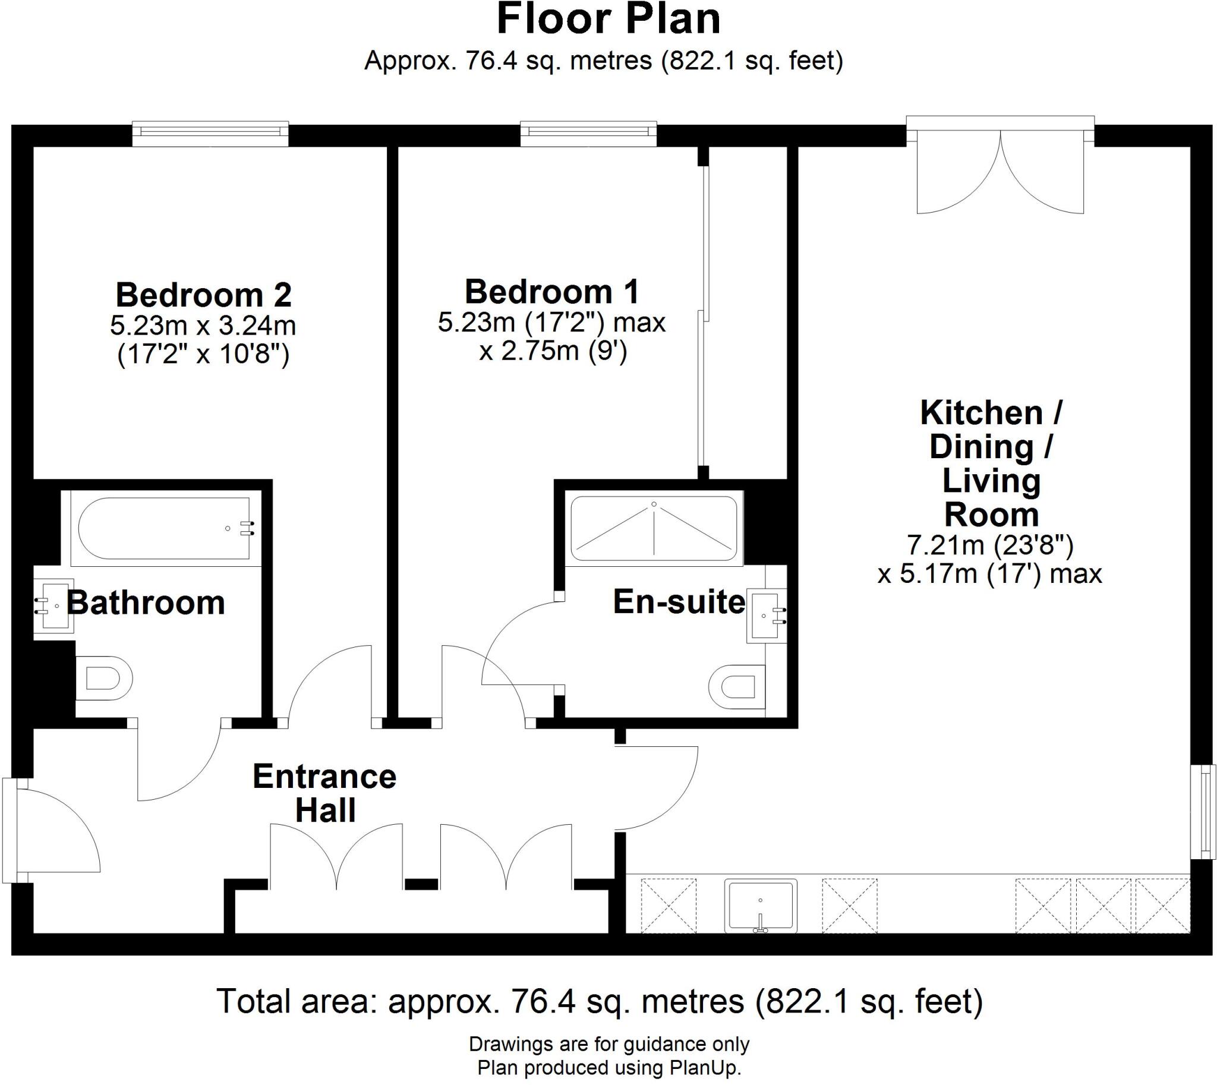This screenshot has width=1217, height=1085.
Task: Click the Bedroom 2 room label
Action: click(203, 295)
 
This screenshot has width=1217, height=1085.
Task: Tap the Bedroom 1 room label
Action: click(551, 292)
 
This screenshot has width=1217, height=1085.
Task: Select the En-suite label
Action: click(679, 602)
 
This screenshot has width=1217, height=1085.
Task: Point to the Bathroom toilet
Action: click(105, 679)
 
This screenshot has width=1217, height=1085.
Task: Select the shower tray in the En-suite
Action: click(654, 527)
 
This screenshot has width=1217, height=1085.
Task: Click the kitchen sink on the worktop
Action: click(760, 906)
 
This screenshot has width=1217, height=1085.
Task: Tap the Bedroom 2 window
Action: click(210, 134)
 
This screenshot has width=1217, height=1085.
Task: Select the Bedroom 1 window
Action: click(588, 134)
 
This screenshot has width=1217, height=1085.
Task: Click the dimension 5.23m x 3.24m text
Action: click(203, 326)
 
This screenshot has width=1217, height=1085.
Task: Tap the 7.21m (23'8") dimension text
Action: click(990, 544)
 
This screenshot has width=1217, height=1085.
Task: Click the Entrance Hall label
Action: click(324, 793)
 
